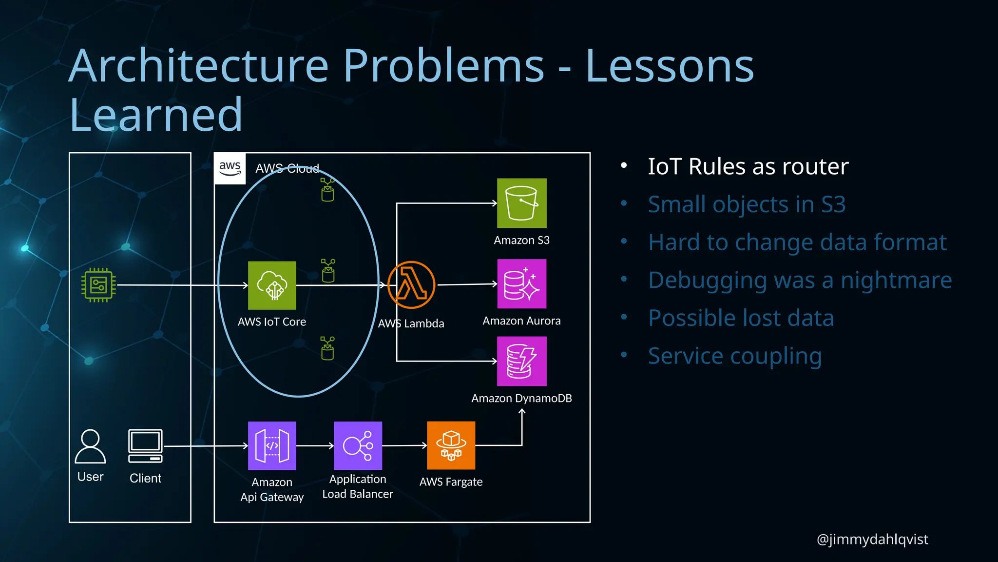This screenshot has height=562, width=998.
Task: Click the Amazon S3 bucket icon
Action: tap(521, 203)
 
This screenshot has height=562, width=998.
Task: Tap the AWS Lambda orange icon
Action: tap(411, 285)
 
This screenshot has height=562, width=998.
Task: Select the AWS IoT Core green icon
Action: tap(272, 285)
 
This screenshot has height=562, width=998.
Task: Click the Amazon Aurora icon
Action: tap(521, 283)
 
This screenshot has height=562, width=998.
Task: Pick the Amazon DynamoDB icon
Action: tap(521, 361)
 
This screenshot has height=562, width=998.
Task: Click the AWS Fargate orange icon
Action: tap(451, 445)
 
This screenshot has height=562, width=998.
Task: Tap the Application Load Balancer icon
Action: tap(358, 445)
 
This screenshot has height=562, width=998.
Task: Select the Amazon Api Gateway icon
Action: tap(272, 445)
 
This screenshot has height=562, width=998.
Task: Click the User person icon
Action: tap(90, 446)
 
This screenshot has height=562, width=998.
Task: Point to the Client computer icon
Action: tap(145, 446)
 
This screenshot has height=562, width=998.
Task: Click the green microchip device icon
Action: tap(98, 285)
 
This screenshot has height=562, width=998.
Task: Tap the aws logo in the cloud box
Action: tap(230, 169)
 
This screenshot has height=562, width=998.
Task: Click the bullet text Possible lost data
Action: tap(741, 318)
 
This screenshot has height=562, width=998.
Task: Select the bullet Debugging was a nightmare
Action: tap(800, 280)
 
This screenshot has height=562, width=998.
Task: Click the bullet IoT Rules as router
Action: tap(748, 166)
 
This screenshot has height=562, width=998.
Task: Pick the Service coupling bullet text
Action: tap(735, 356)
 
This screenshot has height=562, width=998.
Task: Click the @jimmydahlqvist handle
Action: tap(872, 539)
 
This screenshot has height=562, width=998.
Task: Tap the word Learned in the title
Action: tap(156, 115)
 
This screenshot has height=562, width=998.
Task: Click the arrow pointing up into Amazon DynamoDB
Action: tap(522, 413)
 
